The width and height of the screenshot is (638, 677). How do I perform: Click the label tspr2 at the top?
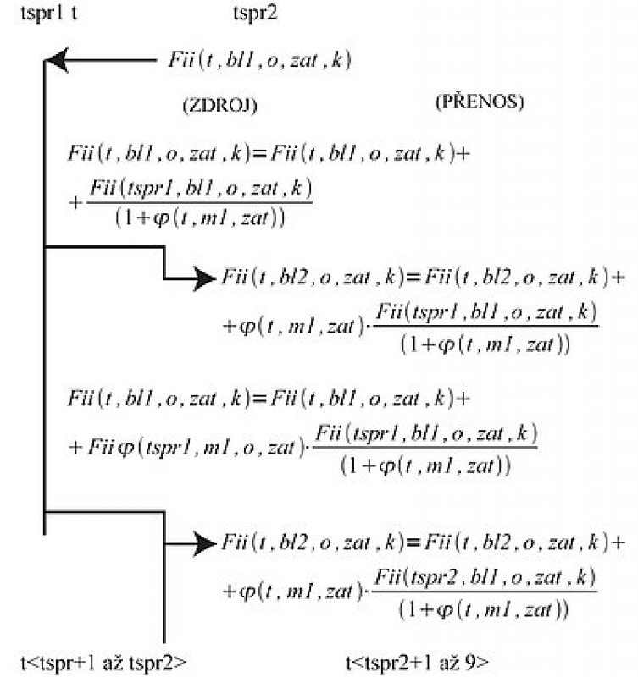point(255,14)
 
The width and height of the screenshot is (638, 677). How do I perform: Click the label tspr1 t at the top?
point(49,14)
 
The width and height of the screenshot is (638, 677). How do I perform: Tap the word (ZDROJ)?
point(220,105)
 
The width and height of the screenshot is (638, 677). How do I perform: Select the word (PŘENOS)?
point(480,102)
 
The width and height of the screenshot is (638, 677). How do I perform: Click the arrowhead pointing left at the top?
point(57,60)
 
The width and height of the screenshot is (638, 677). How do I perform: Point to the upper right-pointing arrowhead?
point(204,278)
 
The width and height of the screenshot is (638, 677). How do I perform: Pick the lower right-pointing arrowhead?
point(204,543)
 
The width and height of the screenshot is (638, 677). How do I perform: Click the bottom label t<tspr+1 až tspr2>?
point(103,663)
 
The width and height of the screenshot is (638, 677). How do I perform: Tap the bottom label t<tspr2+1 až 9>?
point(417,663)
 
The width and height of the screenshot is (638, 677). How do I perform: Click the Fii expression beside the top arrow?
point(259,59)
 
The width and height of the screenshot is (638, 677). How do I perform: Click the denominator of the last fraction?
point(483,610)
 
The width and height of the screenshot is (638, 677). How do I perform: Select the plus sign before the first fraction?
point(75,202)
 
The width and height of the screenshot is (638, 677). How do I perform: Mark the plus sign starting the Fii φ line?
point(75,448)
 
